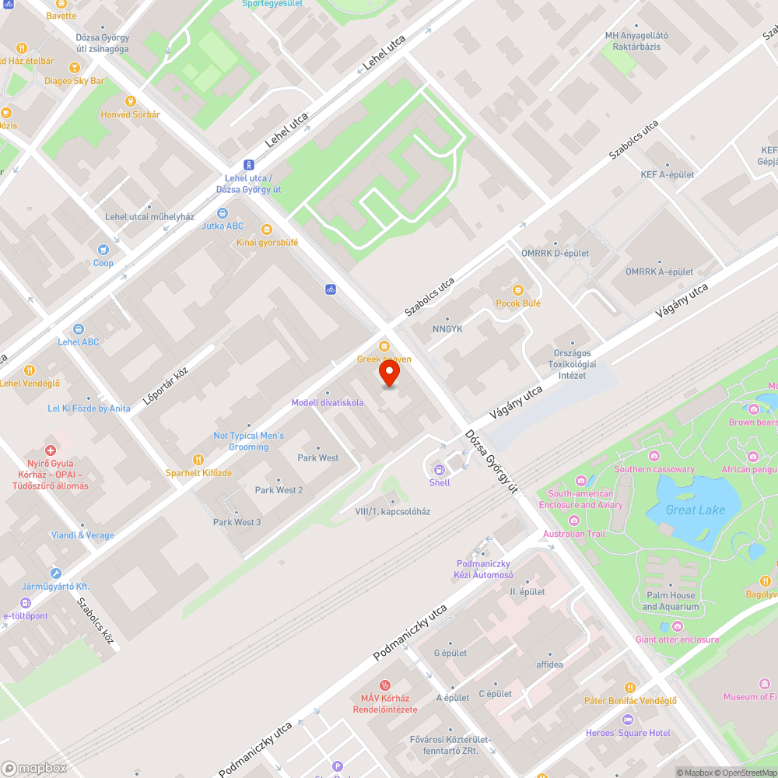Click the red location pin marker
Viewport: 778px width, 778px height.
(x=389, y=373)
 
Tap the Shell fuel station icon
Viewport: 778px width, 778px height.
(x=440, y=469)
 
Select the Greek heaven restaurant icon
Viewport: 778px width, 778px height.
(x=384, y=345)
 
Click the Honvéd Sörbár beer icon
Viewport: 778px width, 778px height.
(x=130, y=100)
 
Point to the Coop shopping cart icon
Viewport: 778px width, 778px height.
(x=103, y=250)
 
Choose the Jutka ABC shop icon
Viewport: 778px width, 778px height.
(x=223, y=212)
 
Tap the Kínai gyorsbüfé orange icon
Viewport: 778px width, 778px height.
(x=267, y=229)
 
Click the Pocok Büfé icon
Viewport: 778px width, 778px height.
(x=518, y=289)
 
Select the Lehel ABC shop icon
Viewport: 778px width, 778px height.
(x=78, y=328)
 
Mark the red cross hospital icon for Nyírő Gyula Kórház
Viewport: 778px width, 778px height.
(x=51, y=450)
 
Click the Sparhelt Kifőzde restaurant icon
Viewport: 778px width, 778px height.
(x=198, y=459)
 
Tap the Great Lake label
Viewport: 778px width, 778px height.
(x=696, y=510)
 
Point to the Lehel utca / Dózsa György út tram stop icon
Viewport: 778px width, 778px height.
(x=248, y=164)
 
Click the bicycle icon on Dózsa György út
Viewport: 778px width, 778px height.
(x=331, y=289)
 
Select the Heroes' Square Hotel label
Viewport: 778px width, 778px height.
(x=628, y=733)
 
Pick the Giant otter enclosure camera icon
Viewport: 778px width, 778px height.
(x=678, y=626)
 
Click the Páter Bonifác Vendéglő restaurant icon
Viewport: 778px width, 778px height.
(x=630, y=687)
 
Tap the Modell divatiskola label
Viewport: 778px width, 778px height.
(x=327, y=402)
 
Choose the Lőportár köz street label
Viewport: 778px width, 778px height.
(x=166, y=387)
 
